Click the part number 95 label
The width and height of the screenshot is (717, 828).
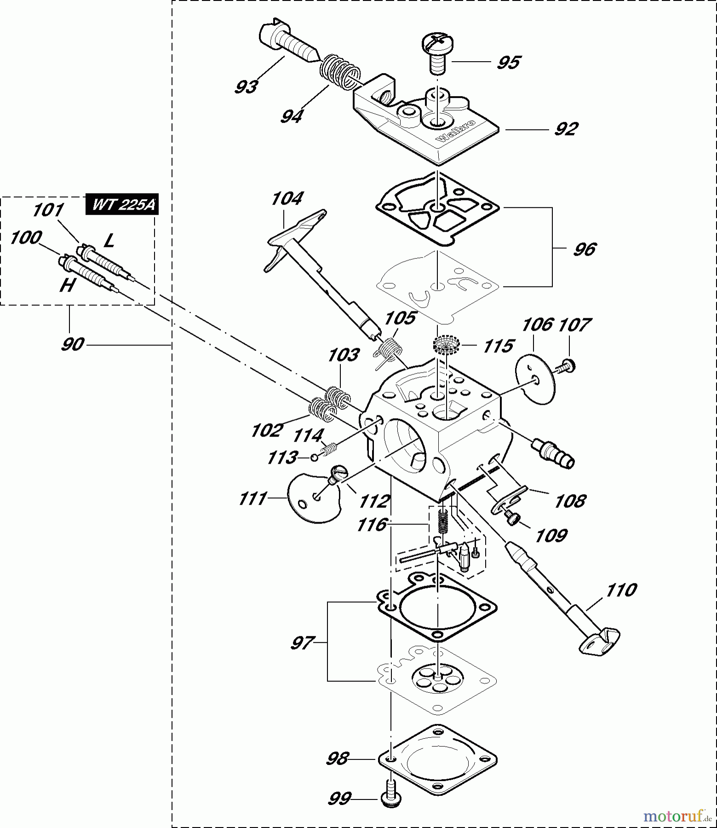(x=508, y=62)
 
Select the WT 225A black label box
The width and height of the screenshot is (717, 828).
(x=123, y=205)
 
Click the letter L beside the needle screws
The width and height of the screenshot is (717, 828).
(x=109, y=240)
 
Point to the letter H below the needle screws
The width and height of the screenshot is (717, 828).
(x=67, y=286)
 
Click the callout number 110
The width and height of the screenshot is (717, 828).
(x=621, y=589)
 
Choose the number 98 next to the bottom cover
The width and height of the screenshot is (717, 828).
(x=338, y=759)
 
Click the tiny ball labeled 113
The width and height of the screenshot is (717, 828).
(x=314, y=457)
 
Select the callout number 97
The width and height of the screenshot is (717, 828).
(x=302, y=643)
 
